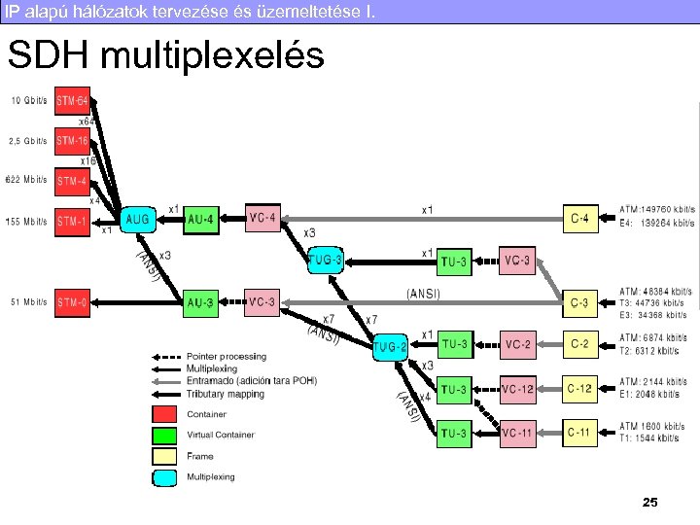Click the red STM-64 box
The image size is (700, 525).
(73, 100)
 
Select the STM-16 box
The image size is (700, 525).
(73, 140)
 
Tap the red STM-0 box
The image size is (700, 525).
(73, 301)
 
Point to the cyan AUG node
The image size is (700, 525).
(138, 220)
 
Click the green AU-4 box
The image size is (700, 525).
(201, 220)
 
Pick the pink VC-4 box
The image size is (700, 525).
(262, 218)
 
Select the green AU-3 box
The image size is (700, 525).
(201, 301)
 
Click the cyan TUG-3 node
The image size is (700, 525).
(325, 261)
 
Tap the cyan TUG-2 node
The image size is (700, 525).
(389, 345)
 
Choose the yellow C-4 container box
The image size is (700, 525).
(579, 218)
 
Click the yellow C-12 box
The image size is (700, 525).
(579, 389)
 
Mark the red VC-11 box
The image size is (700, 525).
(518, 432)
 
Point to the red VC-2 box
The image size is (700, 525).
(518, 343)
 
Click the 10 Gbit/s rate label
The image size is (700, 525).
(29, 100)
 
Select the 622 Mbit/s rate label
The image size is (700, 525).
(27, 180)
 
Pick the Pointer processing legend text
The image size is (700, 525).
(226, 357)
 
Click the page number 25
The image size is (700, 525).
(650, 503)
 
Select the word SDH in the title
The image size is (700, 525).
(48, 55)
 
